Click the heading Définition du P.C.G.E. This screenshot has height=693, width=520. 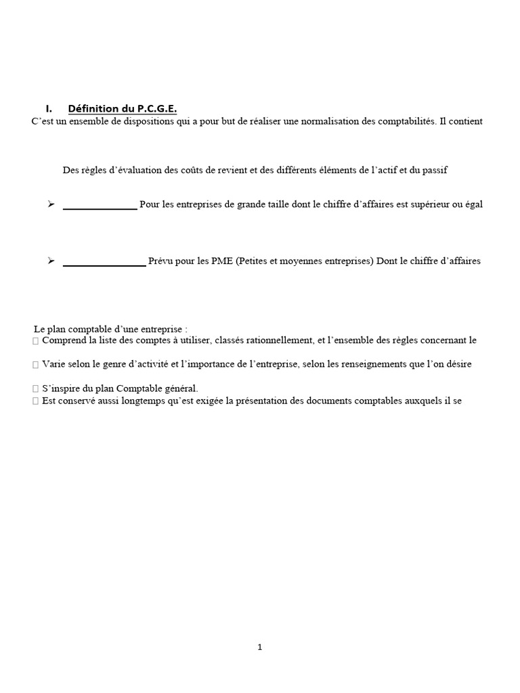tap(123, 109)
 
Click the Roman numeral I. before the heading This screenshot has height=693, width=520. tap(49, 109)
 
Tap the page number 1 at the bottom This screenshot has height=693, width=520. tap(260, 647)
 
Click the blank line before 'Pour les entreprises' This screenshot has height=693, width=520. tap(100, 206)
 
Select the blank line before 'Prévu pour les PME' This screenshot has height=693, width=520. tap(104, 263)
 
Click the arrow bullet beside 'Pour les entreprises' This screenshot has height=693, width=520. tap(51, 204)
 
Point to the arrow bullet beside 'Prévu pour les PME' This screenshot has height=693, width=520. tap(51, 261)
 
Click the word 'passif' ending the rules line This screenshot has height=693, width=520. tap(434, 171)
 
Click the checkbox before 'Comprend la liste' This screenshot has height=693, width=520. tap(35, 340)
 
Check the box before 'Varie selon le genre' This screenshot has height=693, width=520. tap(35, 364)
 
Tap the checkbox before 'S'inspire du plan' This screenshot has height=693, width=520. tap(35, 388)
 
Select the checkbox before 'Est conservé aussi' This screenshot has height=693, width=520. tap(35, 401)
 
